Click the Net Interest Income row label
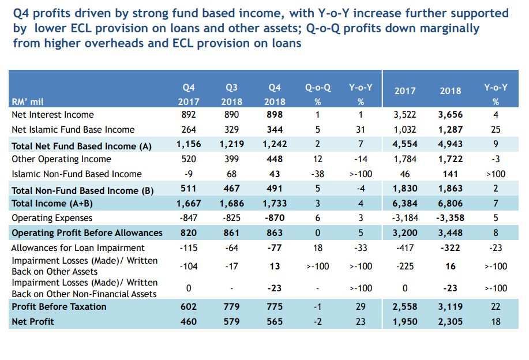pos(52,115)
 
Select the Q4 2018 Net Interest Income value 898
pos(275,115)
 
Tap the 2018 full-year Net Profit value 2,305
pos(450,322)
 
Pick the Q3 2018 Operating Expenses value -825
pos(231,218)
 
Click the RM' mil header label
pos(28,102)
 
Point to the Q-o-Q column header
pos(318,88)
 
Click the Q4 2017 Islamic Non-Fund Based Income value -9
pos(189,174)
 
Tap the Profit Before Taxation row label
pos(59,307)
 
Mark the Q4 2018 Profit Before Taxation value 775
pos(275,307)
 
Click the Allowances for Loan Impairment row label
pos(70,248)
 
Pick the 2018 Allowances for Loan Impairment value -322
pos(451,248)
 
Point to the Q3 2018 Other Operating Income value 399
pos(231,159)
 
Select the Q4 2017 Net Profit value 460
pos(189,322)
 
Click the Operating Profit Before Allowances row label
pos(87,233)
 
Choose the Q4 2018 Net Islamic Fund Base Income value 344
pos(275,130)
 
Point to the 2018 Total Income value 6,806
pos(450,203)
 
